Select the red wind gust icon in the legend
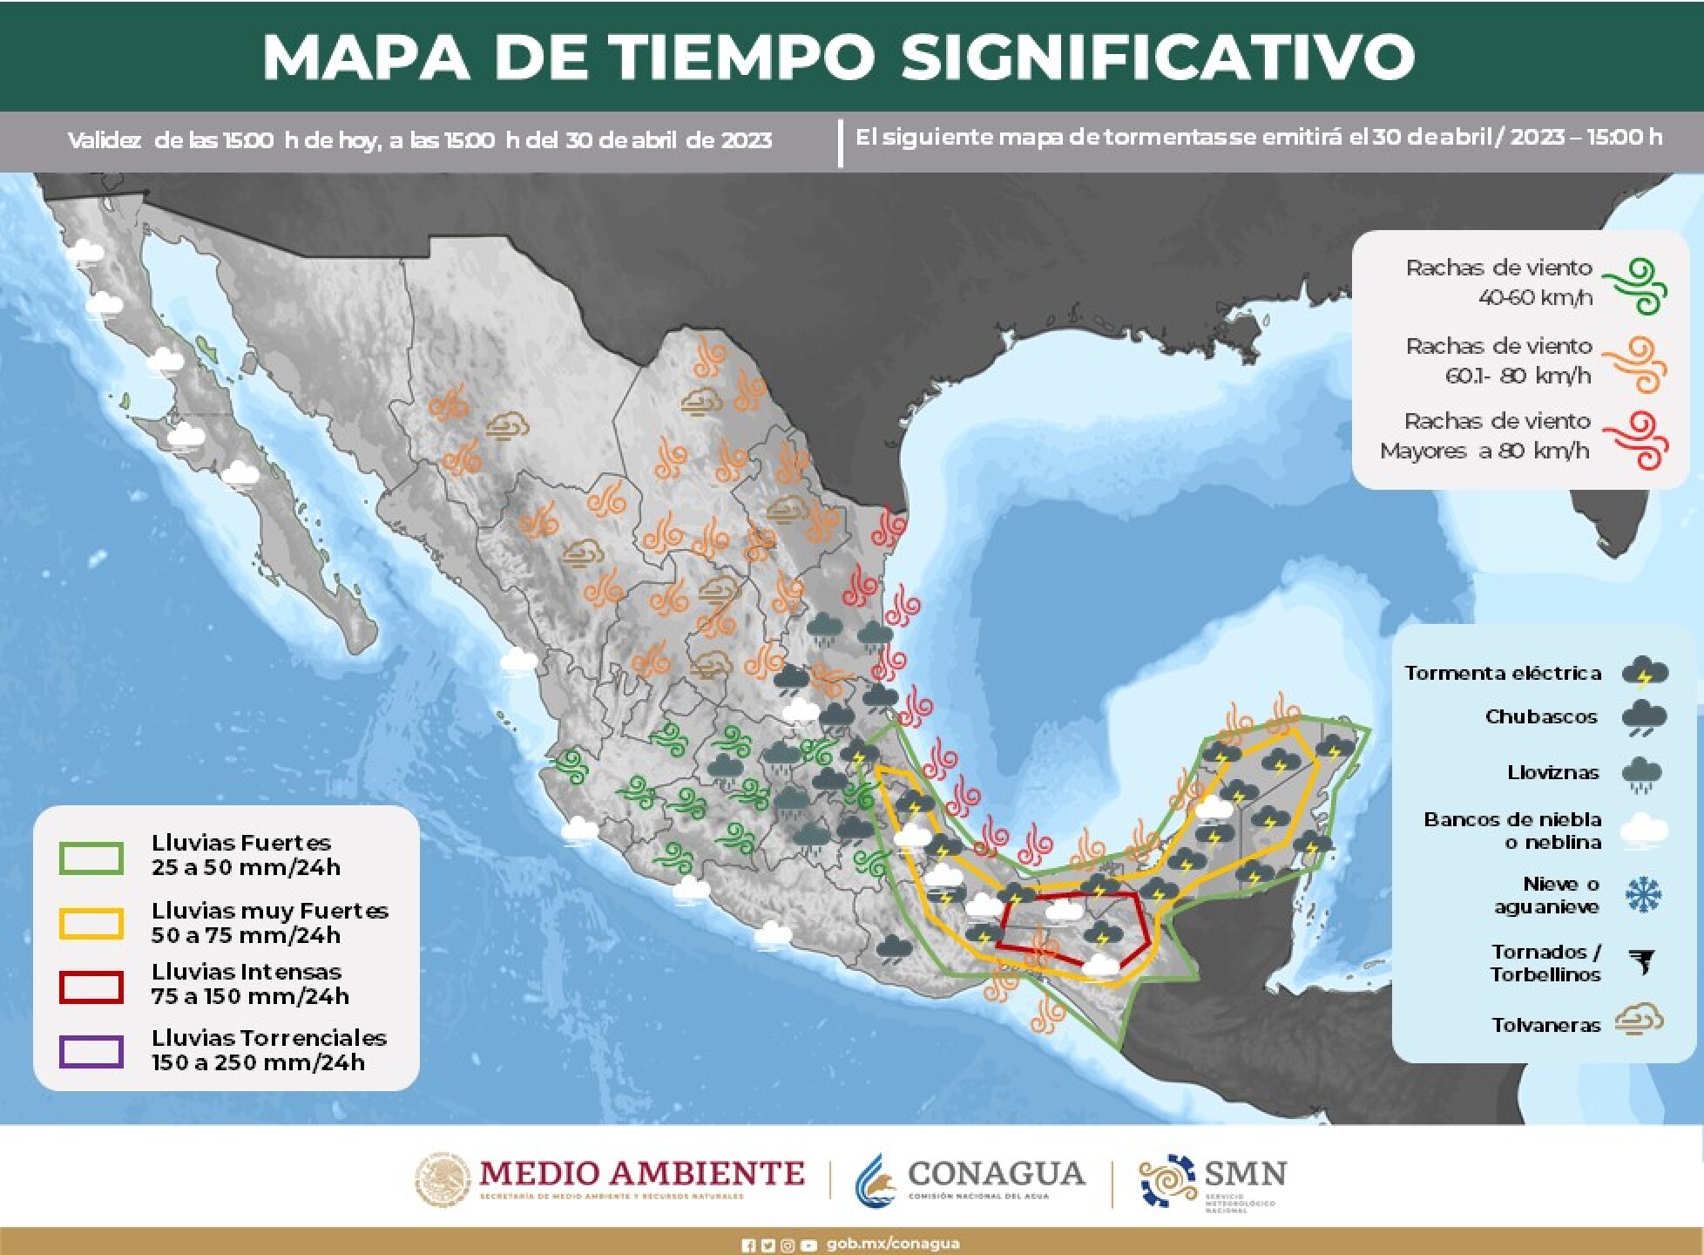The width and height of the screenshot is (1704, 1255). pyautogui.click(x=1638, y=440)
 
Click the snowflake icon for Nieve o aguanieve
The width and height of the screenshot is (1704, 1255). pyautogui.click(x=1643, y=895)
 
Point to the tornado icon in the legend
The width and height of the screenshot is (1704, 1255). pyautogui.click(x=1643, y=962)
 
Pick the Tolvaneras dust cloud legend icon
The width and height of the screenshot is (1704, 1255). pyautogui.click(x=1639, y=1021)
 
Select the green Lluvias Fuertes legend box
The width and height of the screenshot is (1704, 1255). pyautogui.click(x=91, y=858)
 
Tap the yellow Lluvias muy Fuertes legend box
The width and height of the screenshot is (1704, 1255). pyautogui.click(x=91, y=924)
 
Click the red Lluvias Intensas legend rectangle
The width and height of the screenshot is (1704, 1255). pyautogui.click(x=91, y=987)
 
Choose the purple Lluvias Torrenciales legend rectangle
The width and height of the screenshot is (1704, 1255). pyautogui.click(x=91, y=1051)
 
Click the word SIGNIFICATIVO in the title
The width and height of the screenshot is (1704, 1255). pyautogui.click(x=1157, y=58)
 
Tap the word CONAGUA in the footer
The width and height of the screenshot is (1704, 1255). pyautogui.click(x=996, y=1174)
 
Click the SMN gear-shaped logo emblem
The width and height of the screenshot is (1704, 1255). pyautogui.click(x=1166, y=1179)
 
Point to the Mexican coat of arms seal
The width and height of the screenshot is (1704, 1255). pyautogui.click(x=443, y=1180)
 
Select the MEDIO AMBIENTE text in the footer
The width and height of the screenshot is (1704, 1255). pyautogui.click(x=641, y=1173)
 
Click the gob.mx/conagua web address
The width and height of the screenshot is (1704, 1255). pyautogui.click(x=892, y=1244)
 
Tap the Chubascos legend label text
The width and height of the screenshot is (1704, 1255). pyautogui.click(x=1540, y=716)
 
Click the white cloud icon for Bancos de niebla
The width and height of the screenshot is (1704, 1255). pyautogui.click(x=1643, y=830)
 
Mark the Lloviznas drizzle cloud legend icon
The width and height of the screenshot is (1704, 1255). pyautogui.click(x=1641, y=774)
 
